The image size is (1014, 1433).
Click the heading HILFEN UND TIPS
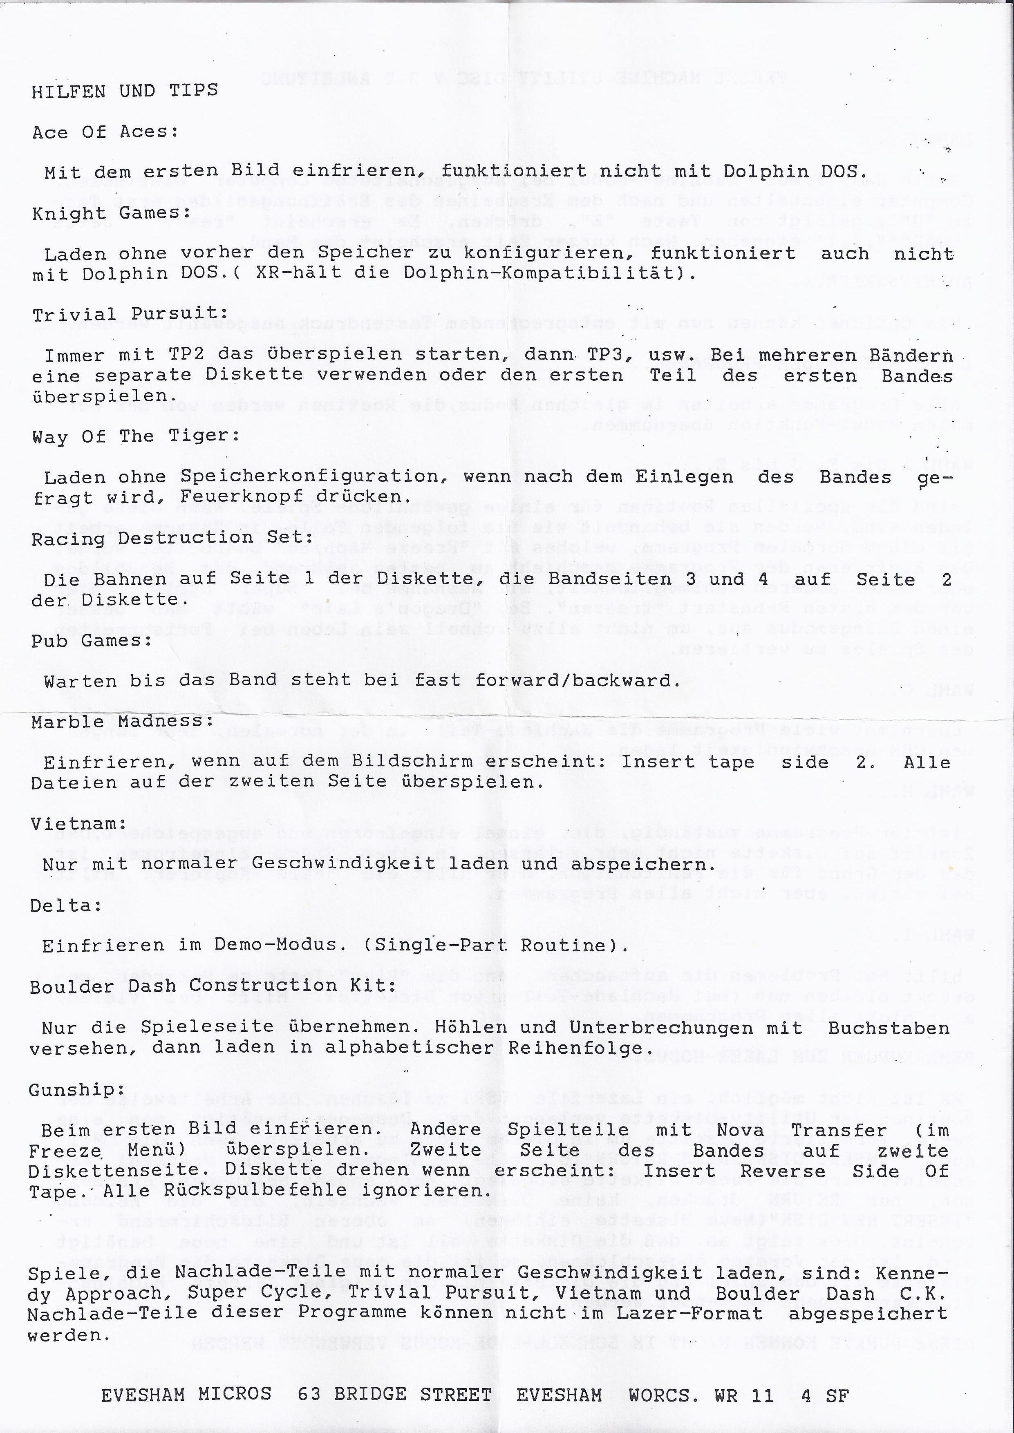point(125,91)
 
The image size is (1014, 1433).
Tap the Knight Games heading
point(111,213)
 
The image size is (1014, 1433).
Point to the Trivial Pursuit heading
point(130,314)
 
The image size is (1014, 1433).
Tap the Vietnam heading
point(78,824)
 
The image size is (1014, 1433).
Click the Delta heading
point(66,905)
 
